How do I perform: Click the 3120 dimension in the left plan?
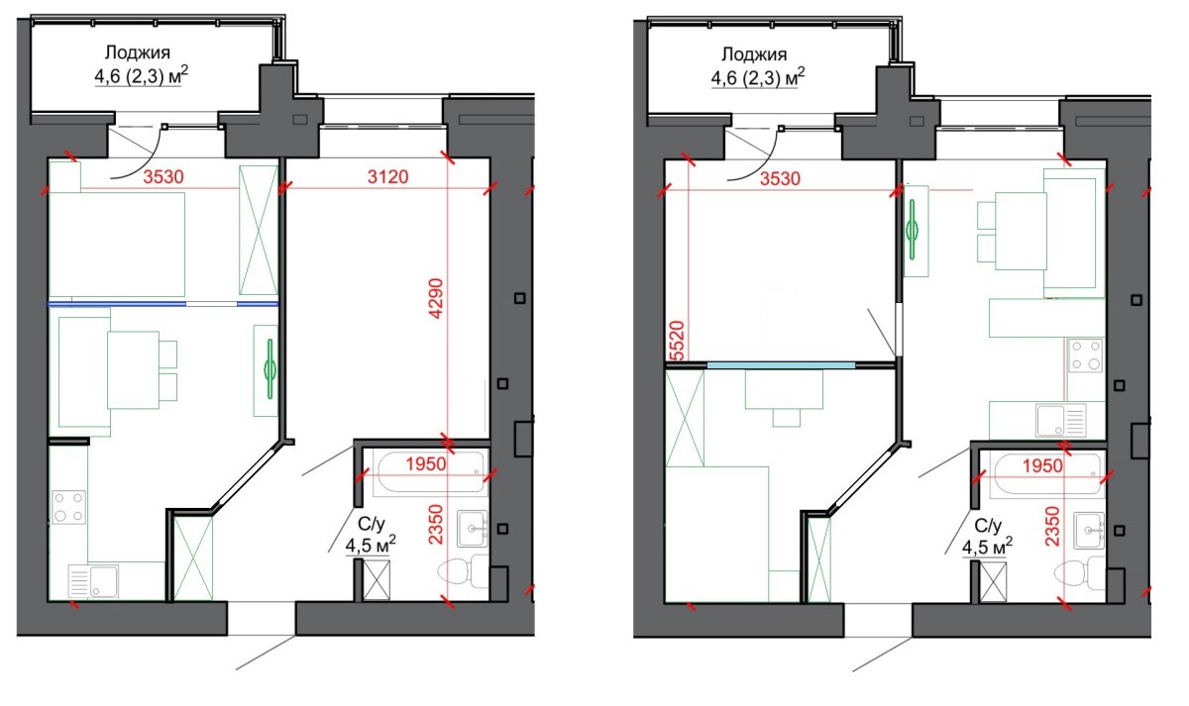(388, 176)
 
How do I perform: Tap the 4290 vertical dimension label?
(436, 298)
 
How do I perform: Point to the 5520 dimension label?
(677, 341)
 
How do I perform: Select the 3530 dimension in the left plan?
(163, 176)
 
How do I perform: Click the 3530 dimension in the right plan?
(781, 179)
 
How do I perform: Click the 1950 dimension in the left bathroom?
(426, 464)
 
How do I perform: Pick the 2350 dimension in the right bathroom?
(1052, 526)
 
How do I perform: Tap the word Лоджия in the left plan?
(138, 52)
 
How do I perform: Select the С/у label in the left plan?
(371, 524)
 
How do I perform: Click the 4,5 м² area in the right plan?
(987, 547)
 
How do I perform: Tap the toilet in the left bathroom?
(464, 571)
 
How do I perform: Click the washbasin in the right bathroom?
(1089, 530)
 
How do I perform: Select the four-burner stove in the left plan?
(69, 507)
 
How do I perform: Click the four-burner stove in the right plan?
(1086, 355)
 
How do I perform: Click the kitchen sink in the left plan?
(93, 581)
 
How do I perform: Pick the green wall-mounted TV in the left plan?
(270, 369)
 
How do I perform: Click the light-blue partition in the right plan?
(781, 365)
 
